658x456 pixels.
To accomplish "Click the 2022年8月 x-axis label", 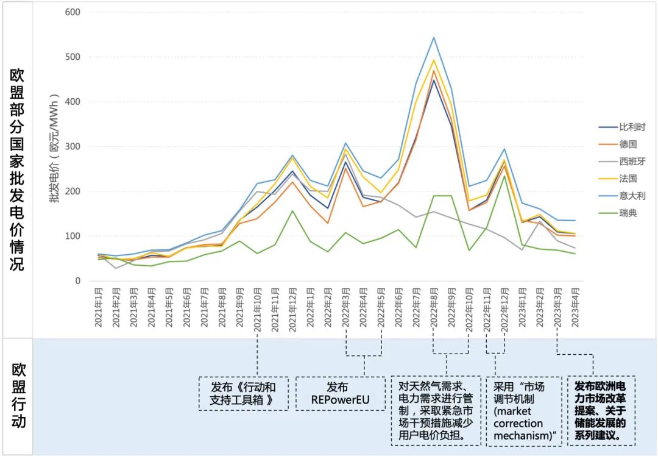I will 434,308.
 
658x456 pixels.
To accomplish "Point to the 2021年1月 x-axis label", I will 98,308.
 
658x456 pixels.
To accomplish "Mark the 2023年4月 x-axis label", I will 574,308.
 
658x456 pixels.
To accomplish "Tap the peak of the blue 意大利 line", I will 434,38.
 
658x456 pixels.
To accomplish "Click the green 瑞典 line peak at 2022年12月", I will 504,176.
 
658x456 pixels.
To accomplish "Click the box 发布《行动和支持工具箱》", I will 242,394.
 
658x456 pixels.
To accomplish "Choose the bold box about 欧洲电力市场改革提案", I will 601,411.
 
